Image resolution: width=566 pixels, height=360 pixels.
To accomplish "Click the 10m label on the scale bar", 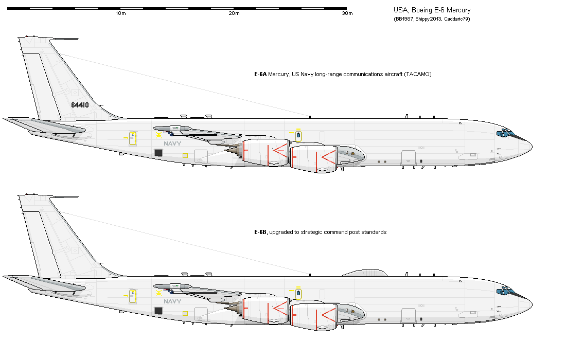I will [121, 14].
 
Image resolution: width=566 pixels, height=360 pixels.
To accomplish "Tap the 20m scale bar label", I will [234, 14].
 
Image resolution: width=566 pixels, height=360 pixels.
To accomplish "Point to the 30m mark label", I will [347, 14].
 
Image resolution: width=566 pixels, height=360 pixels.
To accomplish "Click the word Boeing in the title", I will [422, 10].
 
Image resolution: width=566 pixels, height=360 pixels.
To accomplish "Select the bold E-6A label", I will [260, 75].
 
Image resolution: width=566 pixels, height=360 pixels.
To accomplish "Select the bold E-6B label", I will [260, 232].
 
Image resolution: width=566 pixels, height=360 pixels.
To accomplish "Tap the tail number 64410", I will [80, 105].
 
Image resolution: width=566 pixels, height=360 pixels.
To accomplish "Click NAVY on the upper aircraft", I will [172, 144].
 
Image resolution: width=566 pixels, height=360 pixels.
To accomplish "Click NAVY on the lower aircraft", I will [172, 301].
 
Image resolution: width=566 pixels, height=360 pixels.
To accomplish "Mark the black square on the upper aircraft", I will [158, 153].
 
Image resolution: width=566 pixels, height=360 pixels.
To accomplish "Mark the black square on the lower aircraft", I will [158, 311].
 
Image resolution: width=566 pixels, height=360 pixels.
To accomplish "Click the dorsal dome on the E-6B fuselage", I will [365, 273].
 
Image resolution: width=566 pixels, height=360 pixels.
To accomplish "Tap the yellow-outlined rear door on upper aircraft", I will [133, 138].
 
